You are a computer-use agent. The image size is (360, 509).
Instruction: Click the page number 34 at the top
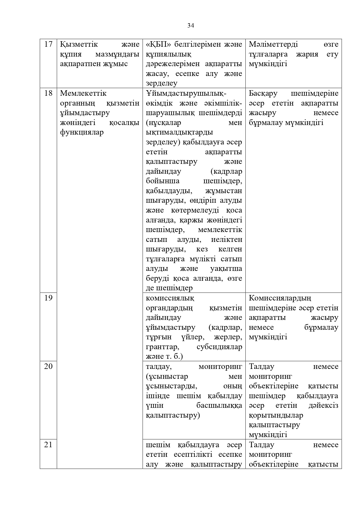(x=191, y=26)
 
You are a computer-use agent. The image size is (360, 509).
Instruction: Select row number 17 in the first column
(x=48, y=44)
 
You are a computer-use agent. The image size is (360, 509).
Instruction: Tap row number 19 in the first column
(x=48, y=298)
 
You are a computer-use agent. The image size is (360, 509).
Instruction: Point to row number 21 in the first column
(x=48, y=445)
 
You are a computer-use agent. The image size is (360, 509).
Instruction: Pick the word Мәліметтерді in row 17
(x=273, y=44)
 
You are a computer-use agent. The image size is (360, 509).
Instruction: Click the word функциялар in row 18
(x=82, y=132)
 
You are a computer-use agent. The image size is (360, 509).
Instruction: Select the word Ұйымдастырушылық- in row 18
(x=186, y=93)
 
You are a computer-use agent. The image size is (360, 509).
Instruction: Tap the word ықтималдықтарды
(x=179, y=132)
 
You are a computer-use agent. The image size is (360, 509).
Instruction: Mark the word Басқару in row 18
(x=263, y=93)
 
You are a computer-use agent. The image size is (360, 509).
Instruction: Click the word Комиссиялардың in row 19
(x=280, y=298)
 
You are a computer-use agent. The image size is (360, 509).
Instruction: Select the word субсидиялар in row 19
(x=219, y=347)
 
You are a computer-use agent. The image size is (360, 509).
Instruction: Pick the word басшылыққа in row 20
(x=219, y=405)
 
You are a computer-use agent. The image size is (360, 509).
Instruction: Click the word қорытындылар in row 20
(x=276, y=415)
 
